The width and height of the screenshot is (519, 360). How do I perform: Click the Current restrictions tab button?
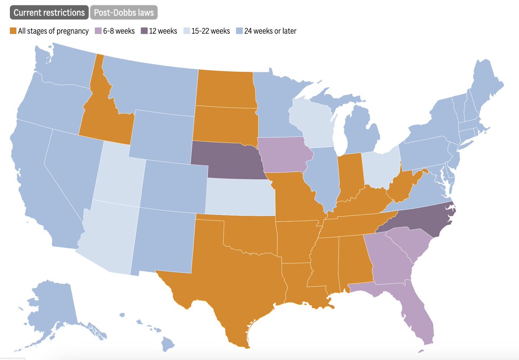[x=49, y=13]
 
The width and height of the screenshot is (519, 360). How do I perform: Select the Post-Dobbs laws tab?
[x=124, y=13]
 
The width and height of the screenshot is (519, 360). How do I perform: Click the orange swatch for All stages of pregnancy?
[x=13, y=31]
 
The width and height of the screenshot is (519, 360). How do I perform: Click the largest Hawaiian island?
[x=168, y=344]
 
